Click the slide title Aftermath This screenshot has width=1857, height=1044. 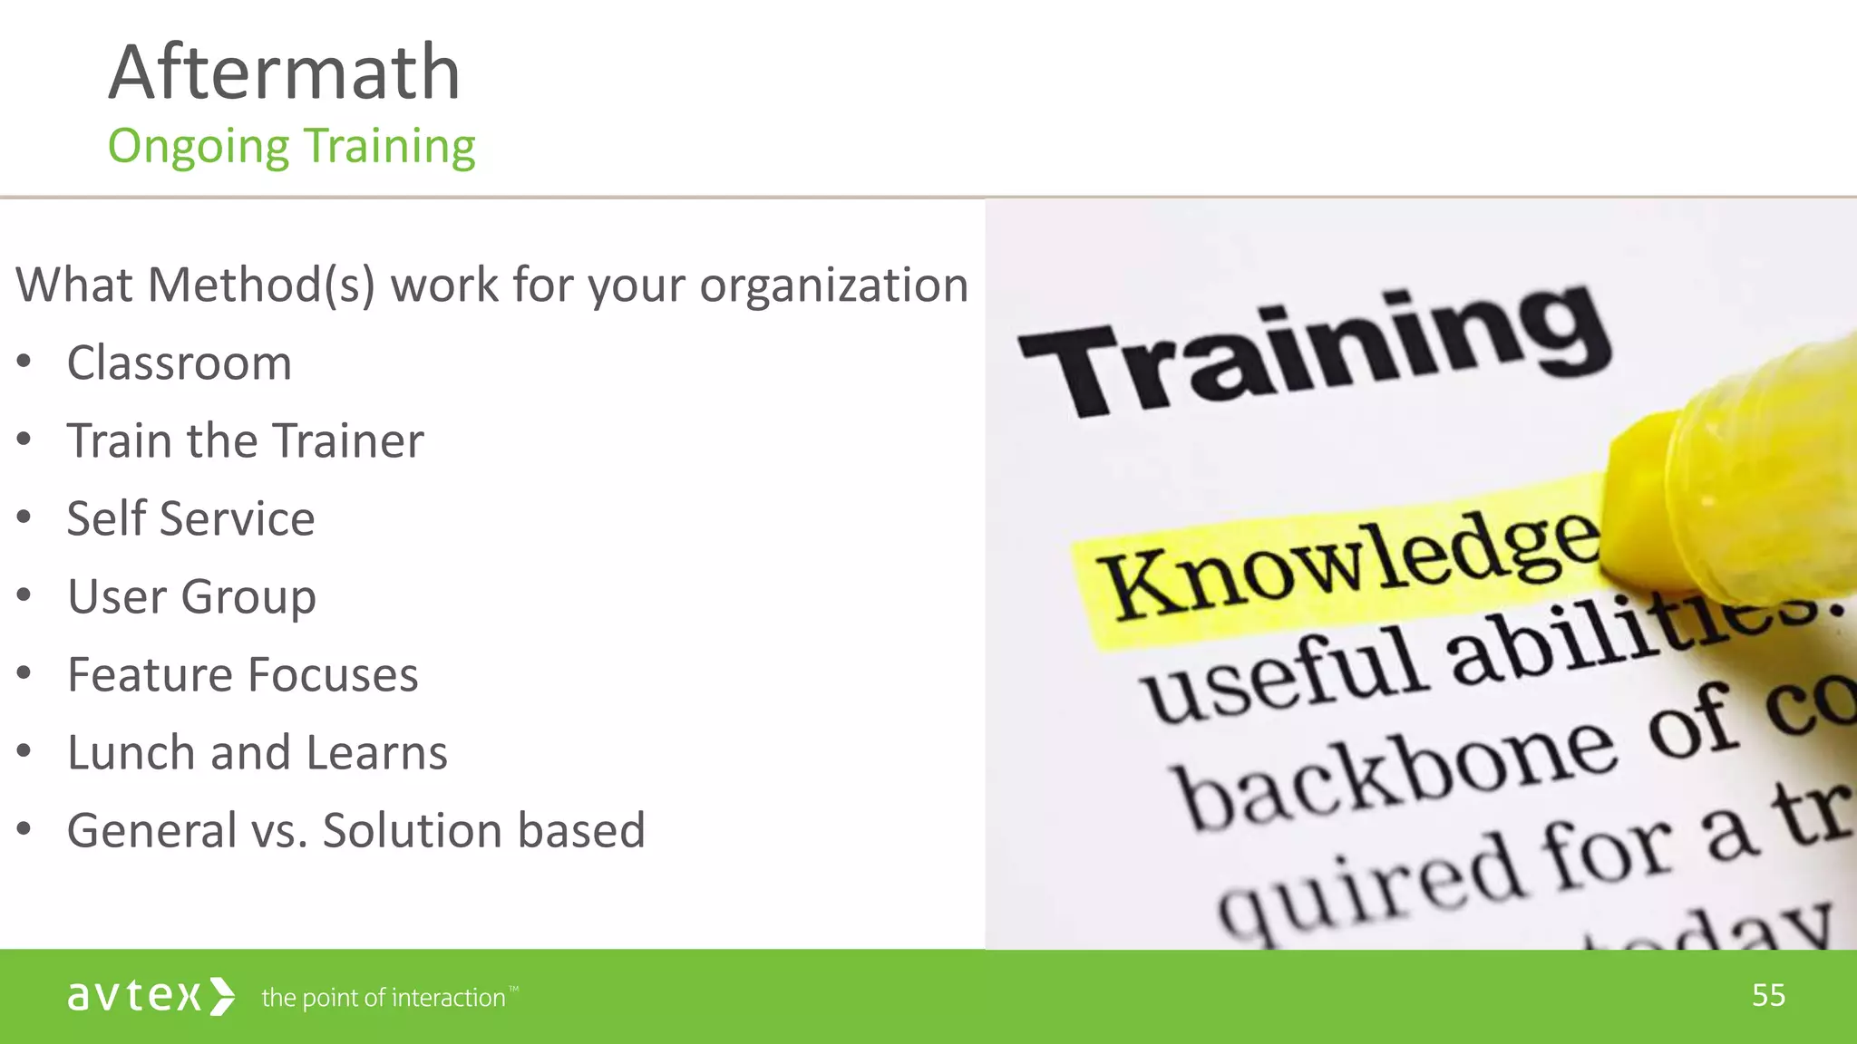[x=284, y=72]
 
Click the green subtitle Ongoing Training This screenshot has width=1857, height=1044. [x=291, y=147]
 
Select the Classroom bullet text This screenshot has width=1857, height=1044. [x=180, y=363]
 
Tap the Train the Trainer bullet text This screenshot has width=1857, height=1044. [x=245, y=441]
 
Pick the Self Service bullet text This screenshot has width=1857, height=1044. [x=190, y=519]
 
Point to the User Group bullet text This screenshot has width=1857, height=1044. [x=191, y=597]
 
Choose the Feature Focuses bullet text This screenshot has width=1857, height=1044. [x=243, y=675]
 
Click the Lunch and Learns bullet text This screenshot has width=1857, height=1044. [x=258, y=753]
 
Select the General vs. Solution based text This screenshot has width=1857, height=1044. [x=355, y=831]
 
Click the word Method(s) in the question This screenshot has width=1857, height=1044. [x=260, y=285]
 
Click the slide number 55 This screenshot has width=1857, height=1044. [x=1768, y=995]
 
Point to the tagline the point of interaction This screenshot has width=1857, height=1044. [x=384, y=998]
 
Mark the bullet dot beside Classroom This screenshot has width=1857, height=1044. [x=24, y=362]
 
